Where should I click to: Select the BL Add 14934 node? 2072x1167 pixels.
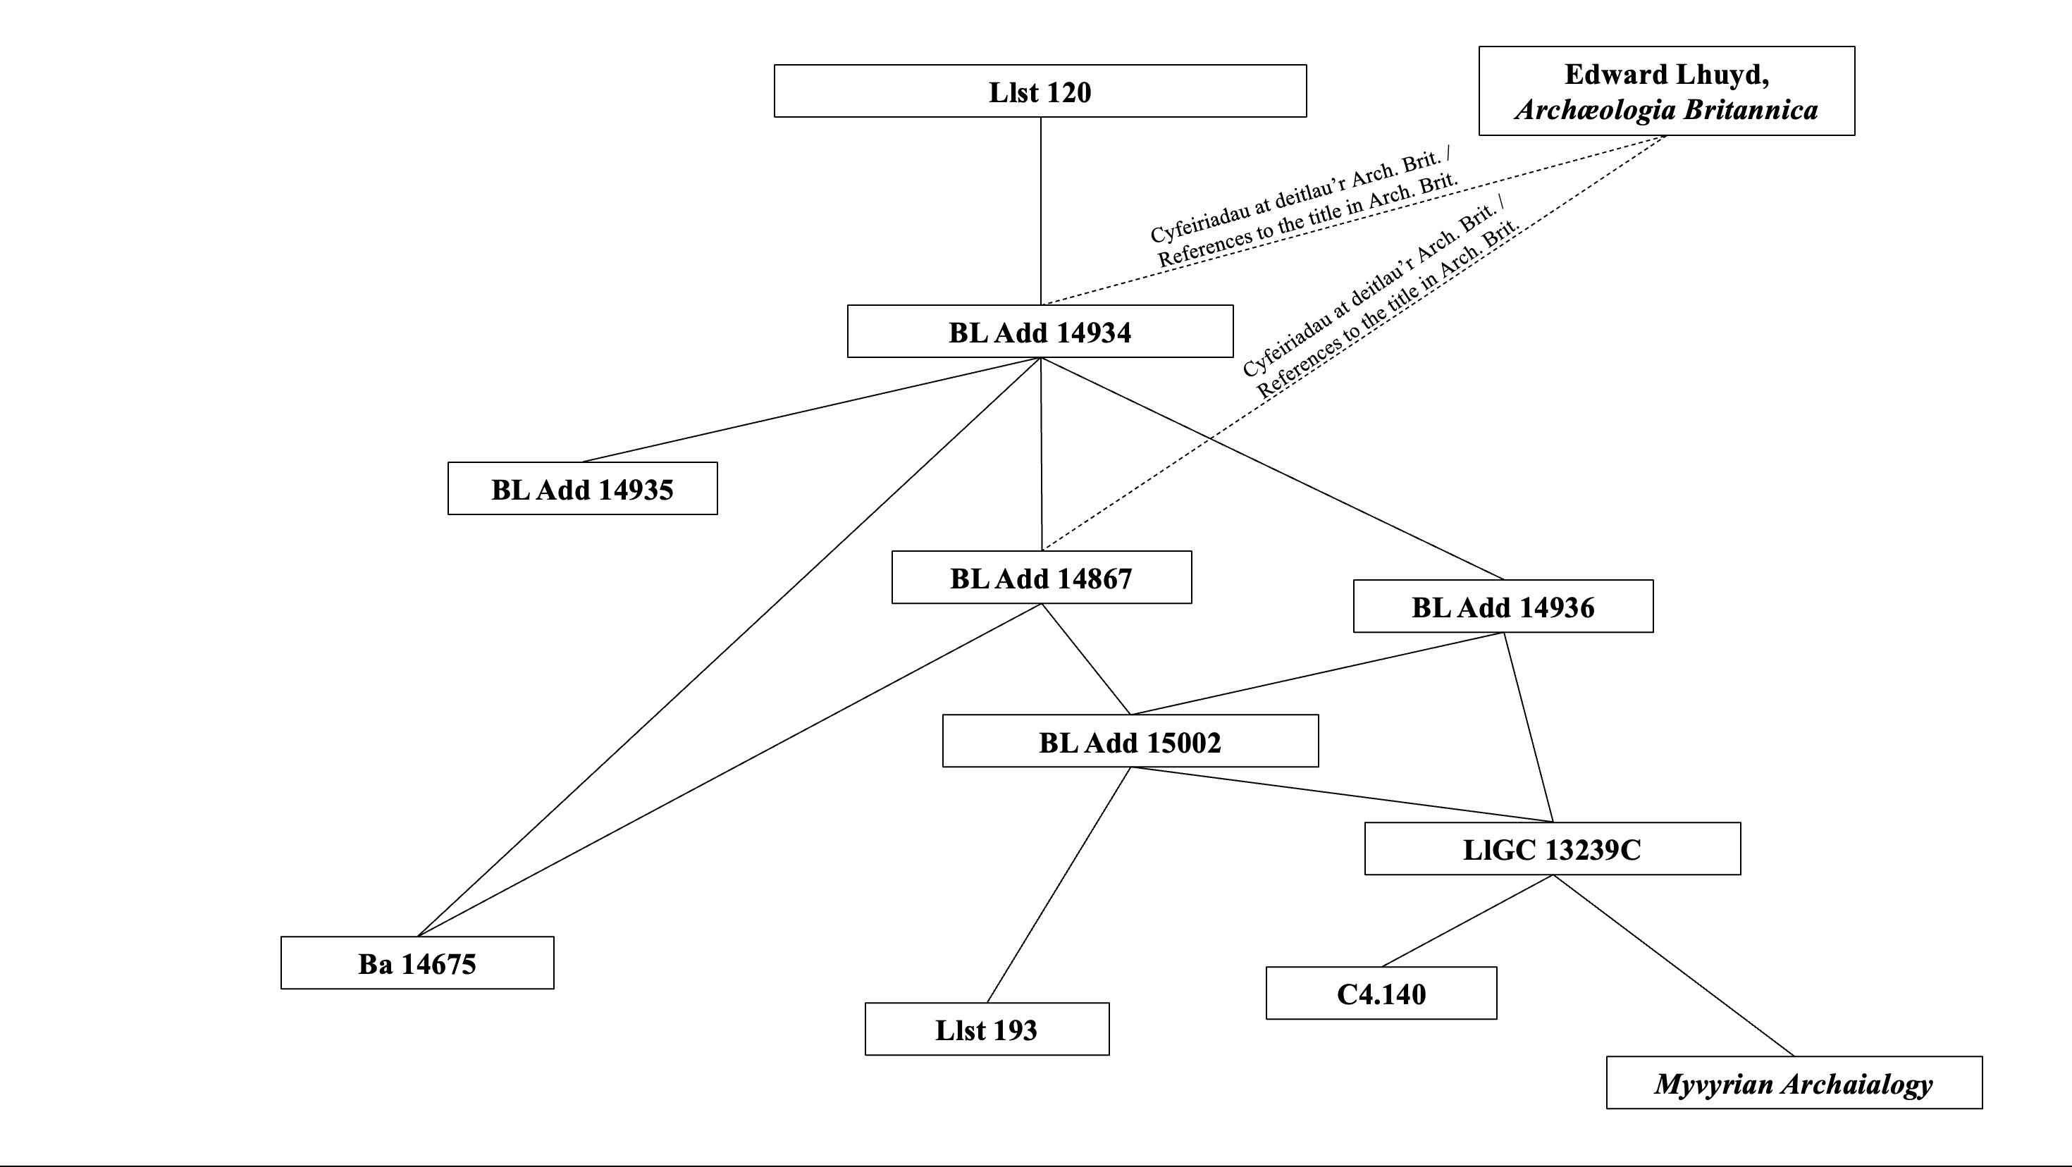coord(1040,331)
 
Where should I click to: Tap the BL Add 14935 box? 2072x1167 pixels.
coord(582,489)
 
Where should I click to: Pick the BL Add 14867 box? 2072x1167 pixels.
coord(1041,577)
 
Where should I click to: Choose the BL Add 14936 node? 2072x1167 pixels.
coord(1503,607)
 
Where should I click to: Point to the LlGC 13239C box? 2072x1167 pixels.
coord(1552,848)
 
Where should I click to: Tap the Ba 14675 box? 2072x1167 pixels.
coord(417,963)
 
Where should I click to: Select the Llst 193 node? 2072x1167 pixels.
coord(986,1029)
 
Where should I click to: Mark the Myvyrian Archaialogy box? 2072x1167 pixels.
coord(1793,1082)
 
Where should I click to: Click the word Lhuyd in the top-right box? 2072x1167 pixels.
coord(1718,75)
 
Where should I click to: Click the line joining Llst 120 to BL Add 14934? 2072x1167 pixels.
coord(1041,209)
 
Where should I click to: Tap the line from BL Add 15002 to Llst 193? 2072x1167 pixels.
coord(1059,884)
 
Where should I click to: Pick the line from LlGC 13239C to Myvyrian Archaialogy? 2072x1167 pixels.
coord(1673,965)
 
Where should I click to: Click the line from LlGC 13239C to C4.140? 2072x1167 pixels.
coord(1467,921)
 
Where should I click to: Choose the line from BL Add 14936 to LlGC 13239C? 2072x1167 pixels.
coord(1528,728)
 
